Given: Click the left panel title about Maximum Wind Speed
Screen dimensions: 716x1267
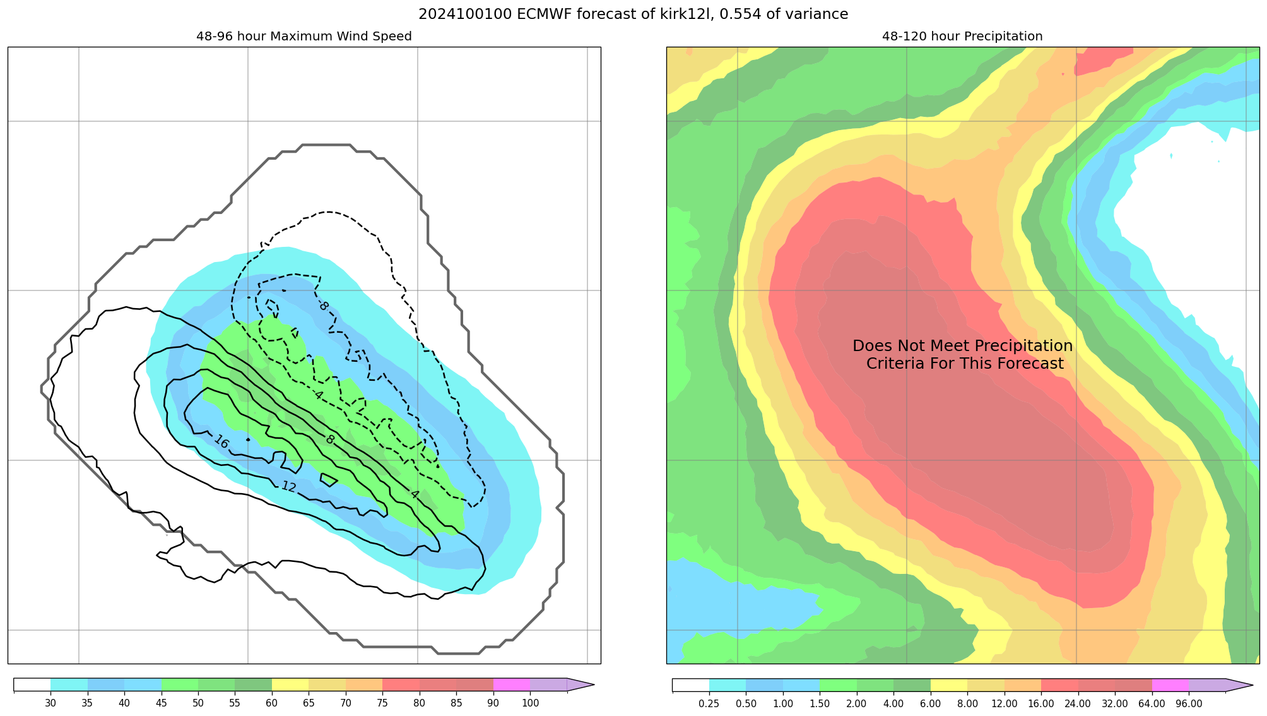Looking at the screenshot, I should [303, 37].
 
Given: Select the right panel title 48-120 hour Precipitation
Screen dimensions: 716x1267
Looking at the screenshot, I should [962, 37].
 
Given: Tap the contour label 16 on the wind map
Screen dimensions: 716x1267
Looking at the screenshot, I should [221, 441].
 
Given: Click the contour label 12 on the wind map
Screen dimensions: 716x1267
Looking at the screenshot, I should [288, 487].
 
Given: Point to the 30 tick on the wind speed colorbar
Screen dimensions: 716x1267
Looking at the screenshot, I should [50, 703].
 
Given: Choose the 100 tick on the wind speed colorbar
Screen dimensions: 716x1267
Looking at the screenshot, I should [530, 703].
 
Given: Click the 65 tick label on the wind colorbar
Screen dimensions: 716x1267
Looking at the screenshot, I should [309, 703].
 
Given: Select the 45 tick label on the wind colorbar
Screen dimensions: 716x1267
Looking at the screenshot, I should [161, 703].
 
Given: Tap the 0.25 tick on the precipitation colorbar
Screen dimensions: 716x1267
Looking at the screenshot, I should [709, 703].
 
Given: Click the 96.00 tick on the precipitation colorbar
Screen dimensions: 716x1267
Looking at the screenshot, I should [1189, 703].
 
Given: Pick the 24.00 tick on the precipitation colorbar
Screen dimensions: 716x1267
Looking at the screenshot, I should [1078, 703].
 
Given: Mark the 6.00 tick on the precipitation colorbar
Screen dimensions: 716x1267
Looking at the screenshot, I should [931, 703].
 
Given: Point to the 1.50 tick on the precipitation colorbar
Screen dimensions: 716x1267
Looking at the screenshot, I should [820, 703].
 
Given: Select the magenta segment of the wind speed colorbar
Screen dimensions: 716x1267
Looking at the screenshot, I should [511, 685].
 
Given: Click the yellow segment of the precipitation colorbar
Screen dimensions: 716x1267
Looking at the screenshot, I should [949, 685].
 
